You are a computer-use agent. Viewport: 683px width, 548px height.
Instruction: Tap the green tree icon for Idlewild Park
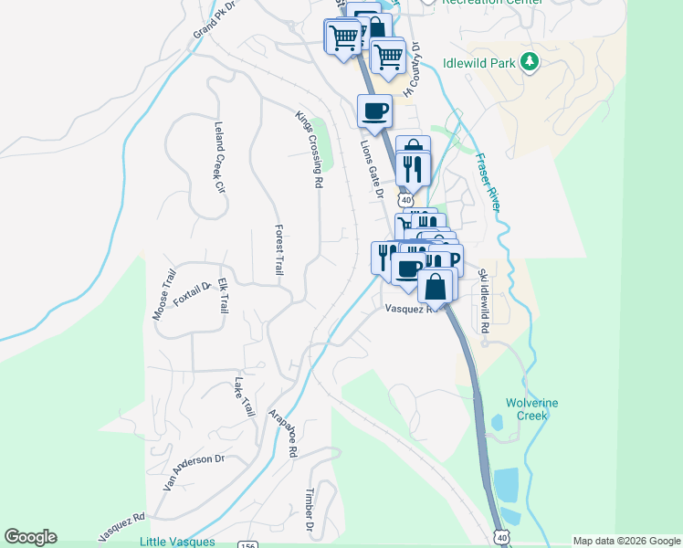click(x=530, y=62)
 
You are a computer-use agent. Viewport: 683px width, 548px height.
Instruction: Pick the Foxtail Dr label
click(x=192, y=295)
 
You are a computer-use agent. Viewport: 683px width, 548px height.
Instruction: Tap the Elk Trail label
click(x=222, y=298)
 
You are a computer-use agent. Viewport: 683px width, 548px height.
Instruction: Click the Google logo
click(x=30, y=537)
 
